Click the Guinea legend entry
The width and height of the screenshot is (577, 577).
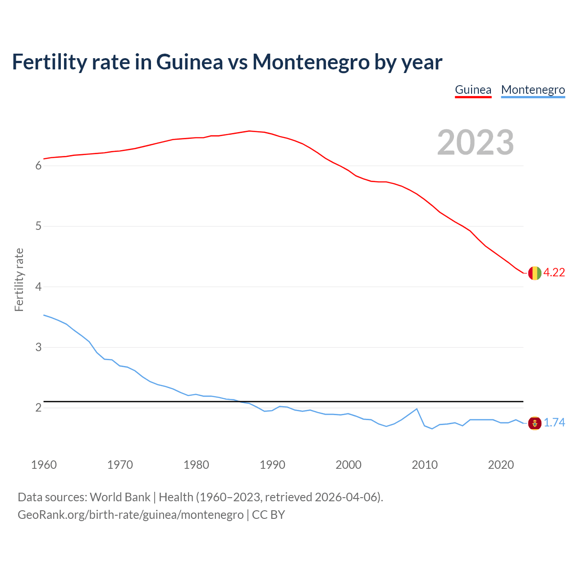pos(473,90)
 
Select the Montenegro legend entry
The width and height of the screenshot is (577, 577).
pos(533,90)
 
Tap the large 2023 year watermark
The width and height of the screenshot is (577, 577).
pos(476,142)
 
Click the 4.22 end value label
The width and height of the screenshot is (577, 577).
pos(554,273)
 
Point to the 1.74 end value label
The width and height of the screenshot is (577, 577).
pos(554,423)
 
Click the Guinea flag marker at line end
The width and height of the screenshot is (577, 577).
pos(535,273)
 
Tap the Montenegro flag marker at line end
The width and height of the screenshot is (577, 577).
pos(535,423)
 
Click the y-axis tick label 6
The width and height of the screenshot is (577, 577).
pos(38,166)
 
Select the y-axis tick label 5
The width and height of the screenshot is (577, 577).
pos(38,226)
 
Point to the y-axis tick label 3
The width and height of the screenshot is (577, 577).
pos(38,348)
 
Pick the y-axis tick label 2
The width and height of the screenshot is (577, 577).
pos(38,408)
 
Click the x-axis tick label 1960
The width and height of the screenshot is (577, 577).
pos(44,465)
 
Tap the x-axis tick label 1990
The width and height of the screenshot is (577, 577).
pos(272,465)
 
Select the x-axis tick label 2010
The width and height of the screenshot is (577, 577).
pos(425,465)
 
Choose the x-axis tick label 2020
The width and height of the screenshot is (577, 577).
pos(501,465)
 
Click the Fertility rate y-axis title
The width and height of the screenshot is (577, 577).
pos(19,279)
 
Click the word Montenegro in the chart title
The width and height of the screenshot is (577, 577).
pos(311,62)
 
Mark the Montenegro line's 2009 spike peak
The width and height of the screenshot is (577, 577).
pos(417,409)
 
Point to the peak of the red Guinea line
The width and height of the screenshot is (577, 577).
pos(249,131)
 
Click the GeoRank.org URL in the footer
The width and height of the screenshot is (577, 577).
pos(131,515)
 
